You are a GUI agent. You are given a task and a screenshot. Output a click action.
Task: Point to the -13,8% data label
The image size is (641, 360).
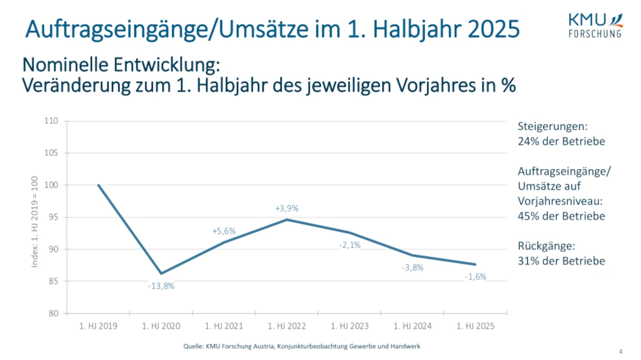(161, 286)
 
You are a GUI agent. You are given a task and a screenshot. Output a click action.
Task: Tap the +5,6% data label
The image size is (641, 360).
(224, 231)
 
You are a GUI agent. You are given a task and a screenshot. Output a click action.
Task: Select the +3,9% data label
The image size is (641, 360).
(287, 208)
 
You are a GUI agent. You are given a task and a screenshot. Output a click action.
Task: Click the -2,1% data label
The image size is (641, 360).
(350, 245)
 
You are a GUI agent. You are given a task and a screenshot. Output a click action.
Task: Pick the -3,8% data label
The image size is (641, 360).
(412, 268)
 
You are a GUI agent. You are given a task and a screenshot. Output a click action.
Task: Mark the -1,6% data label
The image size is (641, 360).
(475, 277)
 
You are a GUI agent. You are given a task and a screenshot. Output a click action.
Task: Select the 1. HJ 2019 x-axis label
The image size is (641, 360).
(98, 326)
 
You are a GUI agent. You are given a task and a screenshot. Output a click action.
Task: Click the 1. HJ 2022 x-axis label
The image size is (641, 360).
(287, 326)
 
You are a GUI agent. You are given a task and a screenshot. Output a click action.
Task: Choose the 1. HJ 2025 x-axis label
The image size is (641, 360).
(475, 326)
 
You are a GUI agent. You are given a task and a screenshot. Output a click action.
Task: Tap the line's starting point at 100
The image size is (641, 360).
(99, 185)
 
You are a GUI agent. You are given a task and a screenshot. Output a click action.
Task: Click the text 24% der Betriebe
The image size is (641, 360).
(561, 142)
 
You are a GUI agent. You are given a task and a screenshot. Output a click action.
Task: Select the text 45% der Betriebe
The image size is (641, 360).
(561, 216)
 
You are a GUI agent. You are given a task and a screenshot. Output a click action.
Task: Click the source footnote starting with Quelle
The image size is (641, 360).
(302, 346)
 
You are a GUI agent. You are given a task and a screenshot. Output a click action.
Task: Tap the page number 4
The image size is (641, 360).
(620, 351)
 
